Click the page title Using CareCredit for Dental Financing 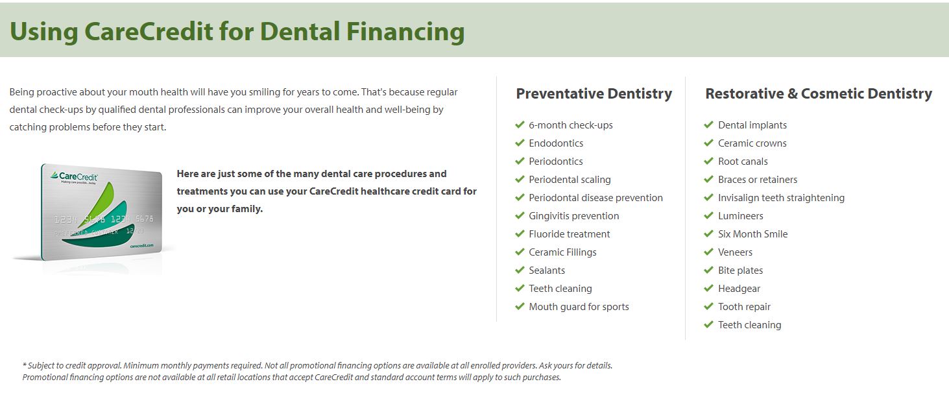pos(237,31)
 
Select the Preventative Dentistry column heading pos(594,94)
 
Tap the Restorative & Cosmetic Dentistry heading pos(818,94)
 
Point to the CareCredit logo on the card pos(74,176)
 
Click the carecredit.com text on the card pos(141,246)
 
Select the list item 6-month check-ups pos(570,125)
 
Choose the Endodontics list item pos(556,143)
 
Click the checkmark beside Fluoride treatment pos(520,234)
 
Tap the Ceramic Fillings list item pos(562,252)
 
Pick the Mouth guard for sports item pos(579,307)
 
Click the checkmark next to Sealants pos(520,270)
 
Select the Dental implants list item pos(752,125)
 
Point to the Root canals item pos(743,162)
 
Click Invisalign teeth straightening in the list pos(781,198)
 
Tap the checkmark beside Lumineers pos(708,215)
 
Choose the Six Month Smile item pos(752,234)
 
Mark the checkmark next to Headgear pos(708,288)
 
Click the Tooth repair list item pos(744,307)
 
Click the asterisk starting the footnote pos(25,365)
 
